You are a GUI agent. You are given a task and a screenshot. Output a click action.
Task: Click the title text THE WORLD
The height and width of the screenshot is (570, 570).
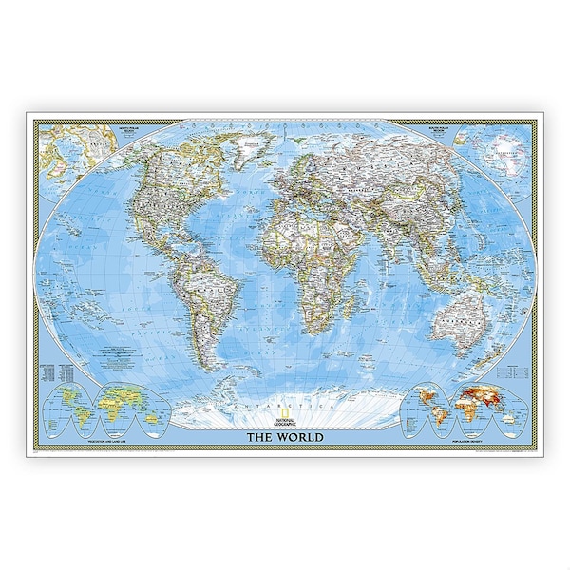[x=285, y=437]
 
